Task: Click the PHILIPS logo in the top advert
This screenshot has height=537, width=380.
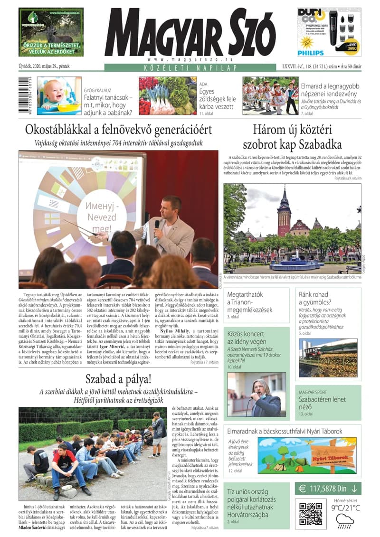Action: (x=311, y=53)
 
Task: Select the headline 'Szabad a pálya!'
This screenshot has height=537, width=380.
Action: (x=118, y=379)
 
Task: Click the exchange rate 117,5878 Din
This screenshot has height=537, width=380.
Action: (x=328, y=488)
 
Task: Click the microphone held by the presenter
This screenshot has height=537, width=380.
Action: (x=157, y=224)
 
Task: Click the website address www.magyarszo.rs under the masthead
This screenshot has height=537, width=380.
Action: (x=190, y=59)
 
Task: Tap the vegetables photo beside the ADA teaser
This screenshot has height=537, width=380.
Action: (x=167, y=95)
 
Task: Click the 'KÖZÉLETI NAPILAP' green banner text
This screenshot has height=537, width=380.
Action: (x=190, y=67)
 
